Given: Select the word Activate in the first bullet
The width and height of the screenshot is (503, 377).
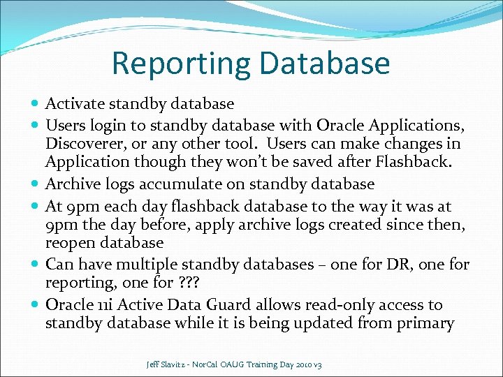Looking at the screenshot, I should click(x=73, y=104).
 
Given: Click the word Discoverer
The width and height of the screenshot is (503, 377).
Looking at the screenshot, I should click(x=87, y=144).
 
